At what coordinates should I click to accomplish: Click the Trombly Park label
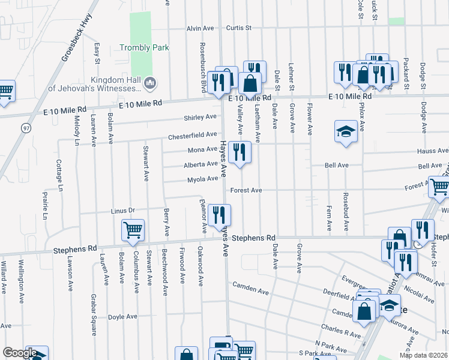point(144,47)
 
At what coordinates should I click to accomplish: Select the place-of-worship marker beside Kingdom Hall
point(150,82)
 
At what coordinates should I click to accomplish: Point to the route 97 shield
point(26,128)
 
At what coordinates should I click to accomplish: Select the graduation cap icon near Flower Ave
point(345,131)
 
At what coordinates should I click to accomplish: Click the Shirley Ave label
point(200,117)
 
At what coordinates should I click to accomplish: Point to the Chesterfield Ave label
point(192,135)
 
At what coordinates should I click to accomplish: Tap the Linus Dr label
point(124,211)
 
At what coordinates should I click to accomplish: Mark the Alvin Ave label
point(200,28)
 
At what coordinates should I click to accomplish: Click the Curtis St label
point(238,28)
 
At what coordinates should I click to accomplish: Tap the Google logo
point(19,353)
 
